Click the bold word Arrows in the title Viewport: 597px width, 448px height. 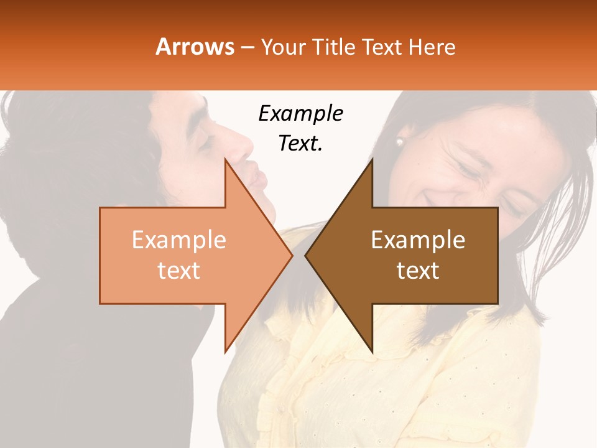tap(195, 47)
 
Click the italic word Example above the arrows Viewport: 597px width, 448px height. tap(300, 114)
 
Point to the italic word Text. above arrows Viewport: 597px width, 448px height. tap(300, 143)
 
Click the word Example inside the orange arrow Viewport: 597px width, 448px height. tap(179, 240)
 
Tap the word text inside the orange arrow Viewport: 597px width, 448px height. tap(179, 270)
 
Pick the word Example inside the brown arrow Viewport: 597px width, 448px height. tap(418, 240)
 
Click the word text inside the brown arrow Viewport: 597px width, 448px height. tap(418, 270)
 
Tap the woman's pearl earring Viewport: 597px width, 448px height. tap(399, 142)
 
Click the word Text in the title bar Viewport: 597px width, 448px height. tap(381, 47)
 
